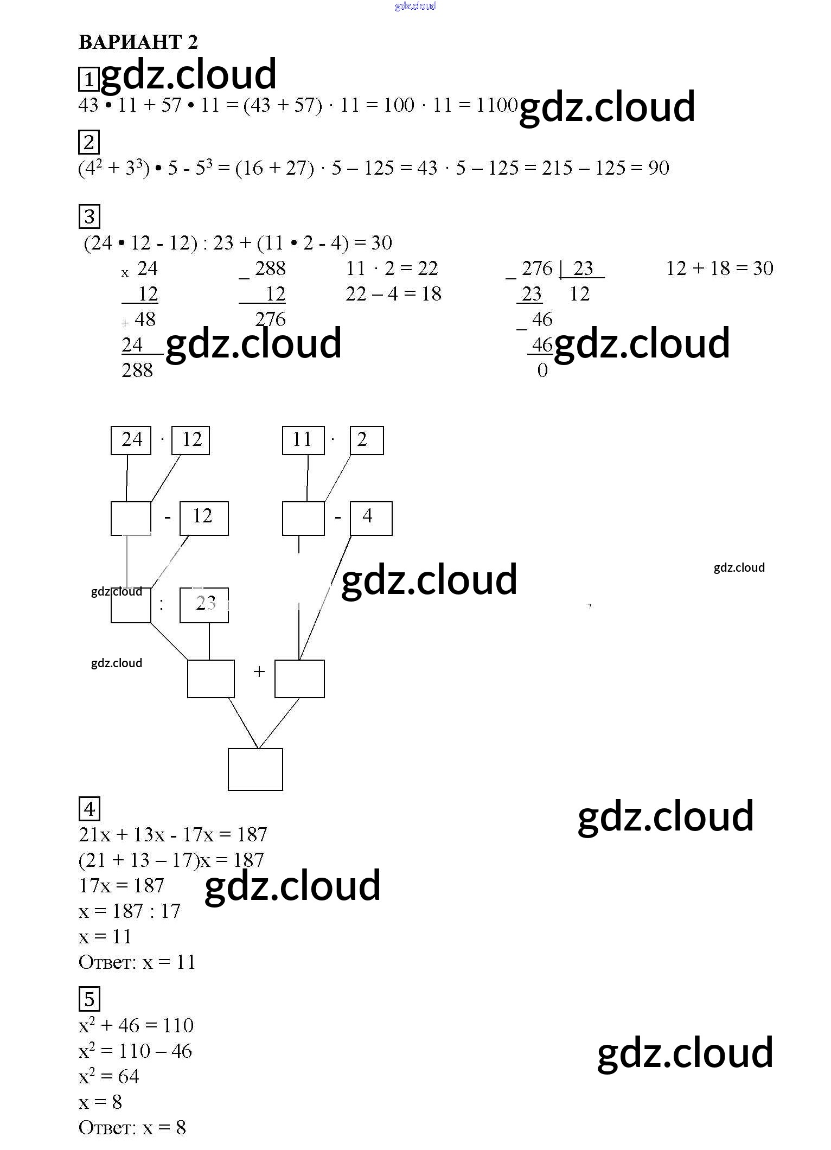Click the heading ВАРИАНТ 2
point(138,42)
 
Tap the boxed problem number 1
point(88,79)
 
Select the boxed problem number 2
point(89,143)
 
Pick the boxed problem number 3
point(90,216)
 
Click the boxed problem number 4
point(90,809)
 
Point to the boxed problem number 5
point(90,999)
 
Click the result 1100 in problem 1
point(497,105)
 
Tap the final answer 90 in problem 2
point(659,168)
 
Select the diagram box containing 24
point(131,440)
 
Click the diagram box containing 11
point(303,440)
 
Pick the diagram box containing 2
point(366,440)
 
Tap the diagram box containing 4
point(370,518)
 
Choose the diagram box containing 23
point(204,605)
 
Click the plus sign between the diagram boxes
point(259,672)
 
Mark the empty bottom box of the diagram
point(255,769)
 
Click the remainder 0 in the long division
point(542,370)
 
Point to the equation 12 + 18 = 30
point(719,268)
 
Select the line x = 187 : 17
point(129,911)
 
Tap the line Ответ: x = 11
point(137,962)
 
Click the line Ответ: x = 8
point(132,1127)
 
